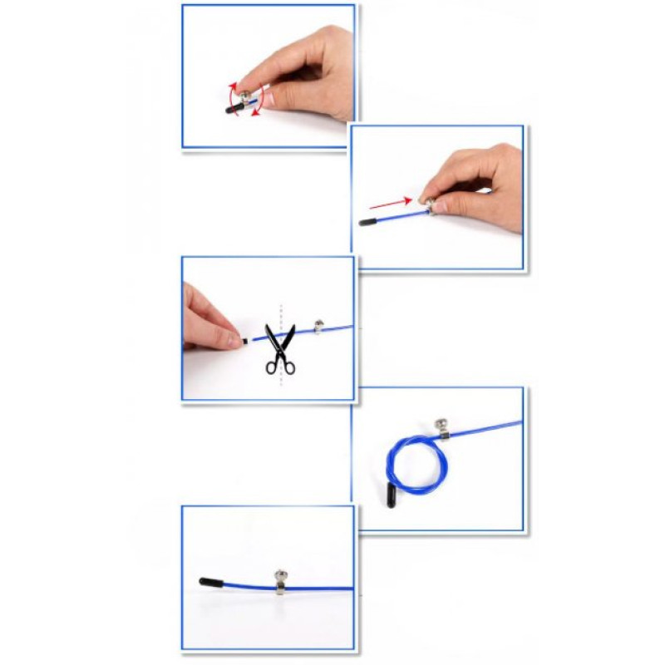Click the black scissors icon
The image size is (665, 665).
(x=280, y=349)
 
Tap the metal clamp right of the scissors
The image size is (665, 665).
(x=318, y=327)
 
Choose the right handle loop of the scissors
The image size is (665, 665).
(x=288, y=364)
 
